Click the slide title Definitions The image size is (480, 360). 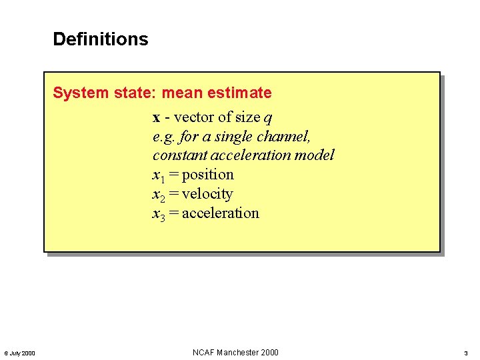pyautogui.click(x=101, y=39)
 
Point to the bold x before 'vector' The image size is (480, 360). pyautogui.click(x=156, y=118)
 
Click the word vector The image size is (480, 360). pyautogui.click(x=194, y=117)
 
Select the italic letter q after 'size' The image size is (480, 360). pyautogui.click(x=267, y=119)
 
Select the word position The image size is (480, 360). pyautogui.click(x=207, y=175)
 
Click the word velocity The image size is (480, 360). pyautogui.click(x=207, y=194)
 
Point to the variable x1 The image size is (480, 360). pyautogui.click(x=158, y=175)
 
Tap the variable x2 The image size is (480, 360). pyautogui.click(x=158, y=195)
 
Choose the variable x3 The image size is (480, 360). pyautogui.click(x=158, y=214)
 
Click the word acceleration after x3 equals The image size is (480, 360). pyautogui.click(x=220, y=213)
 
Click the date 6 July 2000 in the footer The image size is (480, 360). pyautogui.click(x=20, y=353)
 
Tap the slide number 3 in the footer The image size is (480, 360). pyautogui.click(x=466, y=353)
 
